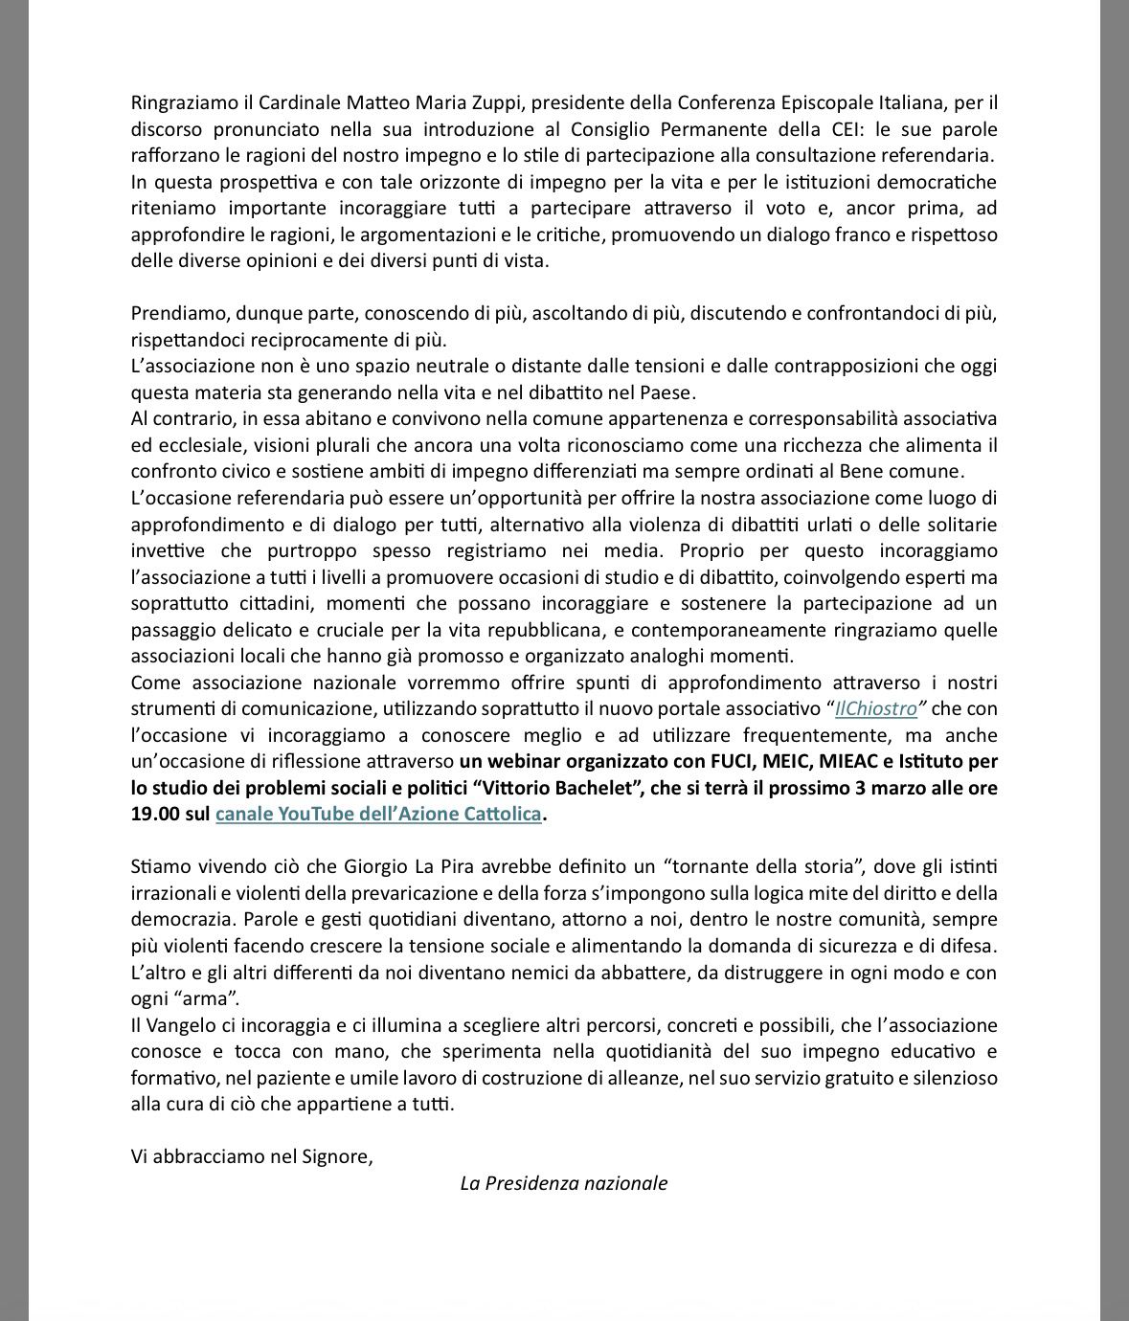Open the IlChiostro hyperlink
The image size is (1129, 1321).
876,709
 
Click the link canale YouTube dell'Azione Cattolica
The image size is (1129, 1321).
379,815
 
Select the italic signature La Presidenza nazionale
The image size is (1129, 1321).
563,1183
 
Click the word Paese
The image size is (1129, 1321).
670,392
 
